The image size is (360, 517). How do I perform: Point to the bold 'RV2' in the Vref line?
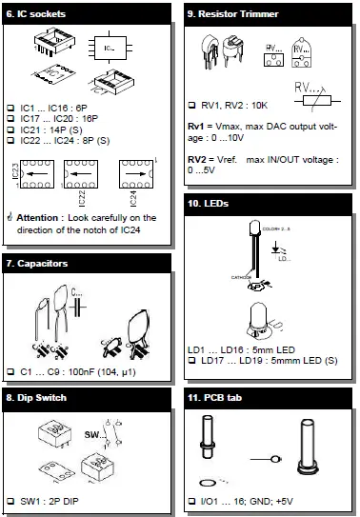(x=200, y=158)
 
